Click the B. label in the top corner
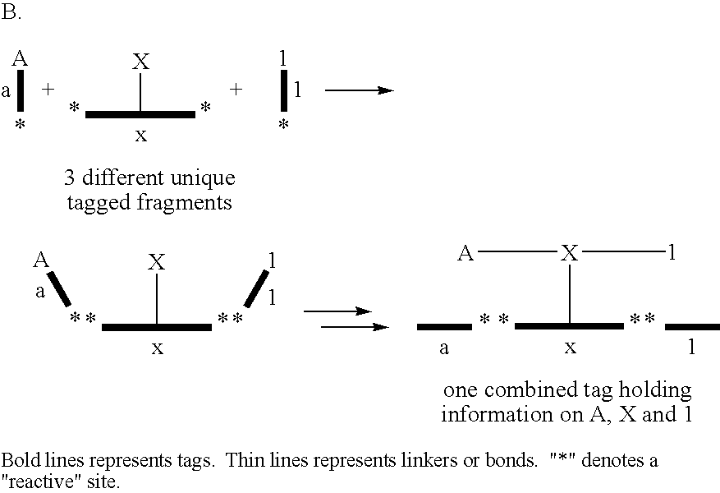[11, 12]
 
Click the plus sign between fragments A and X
[48, 89]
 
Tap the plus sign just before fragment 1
[236, 89]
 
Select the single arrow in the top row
[359, 90]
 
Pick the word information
[498, 413]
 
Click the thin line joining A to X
[517, 251]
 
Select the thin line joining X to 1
[624, 251]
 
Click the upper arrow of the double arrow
[337, 311]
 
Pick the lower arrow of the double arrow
[355, 327]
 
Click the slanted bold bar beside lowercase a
[59, 288]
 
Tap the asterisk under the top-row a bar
[20, 124]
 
